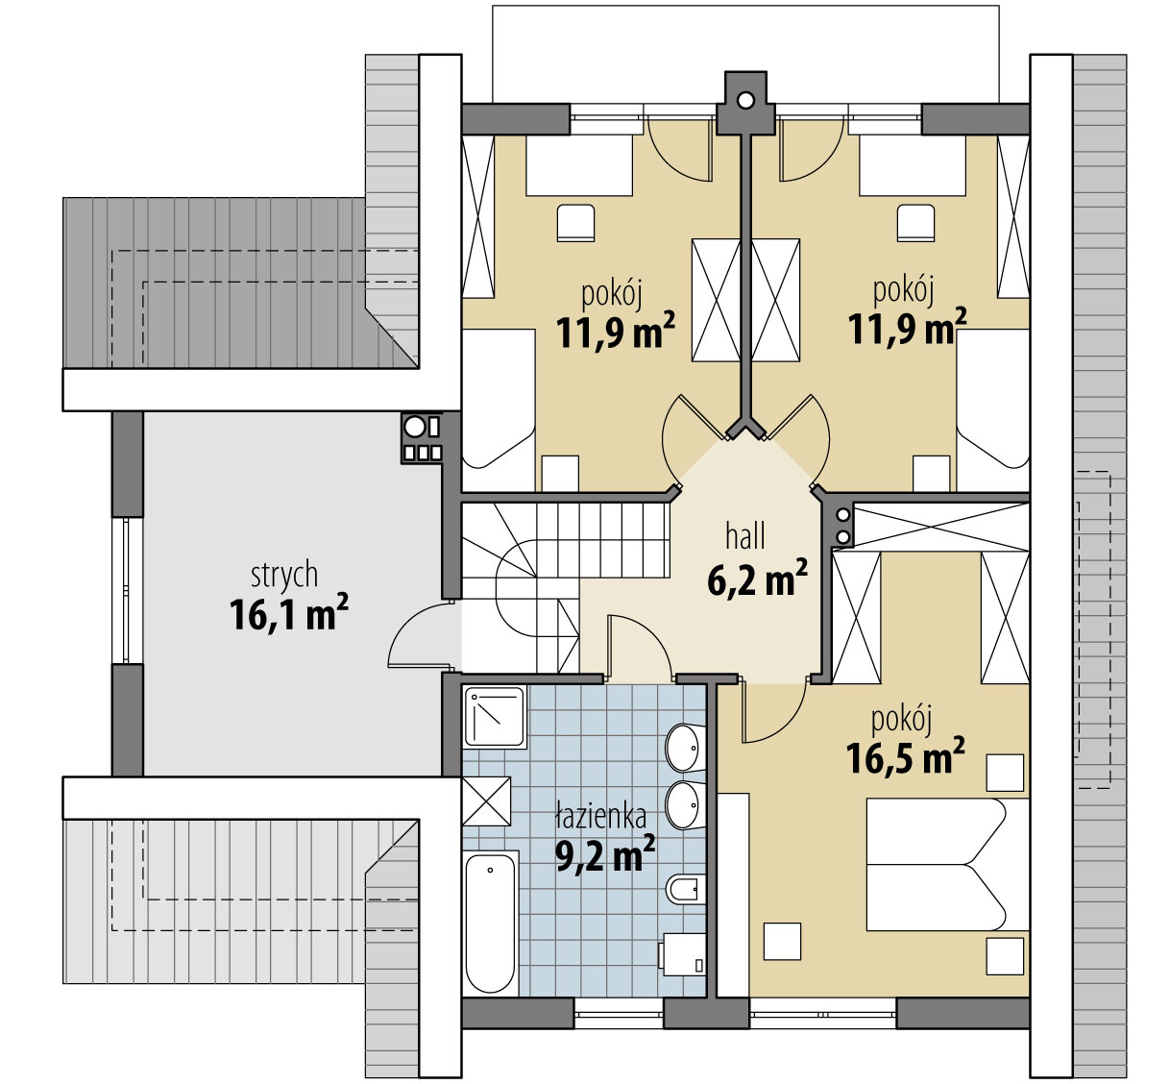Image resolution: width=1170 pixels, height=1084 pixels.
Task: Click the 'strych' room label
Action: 284,576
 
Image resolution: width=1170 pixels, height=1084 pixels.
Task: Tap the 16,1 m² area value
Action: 288,613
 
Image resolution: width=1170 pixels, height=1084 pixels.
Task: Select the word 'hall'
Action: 745,536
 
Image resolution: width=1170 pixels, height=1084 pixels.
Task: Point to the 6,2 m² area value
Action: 757,579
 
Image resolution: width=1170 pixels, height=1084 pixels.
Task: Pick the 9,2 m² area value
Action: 605,853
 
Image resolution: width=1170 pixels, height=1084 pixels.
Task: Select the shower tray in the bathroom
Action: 494,717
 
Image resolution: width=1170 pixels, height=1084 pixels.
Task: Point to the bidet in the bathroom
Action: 686,889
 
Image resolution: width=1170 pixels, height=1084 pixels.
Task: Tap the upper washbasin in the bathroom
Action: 685,748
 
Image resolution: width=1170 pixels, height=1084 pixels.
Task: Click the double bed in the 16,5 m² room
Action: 947,865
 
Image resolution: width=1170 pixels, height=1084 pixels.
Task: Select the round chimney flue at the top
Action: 745,100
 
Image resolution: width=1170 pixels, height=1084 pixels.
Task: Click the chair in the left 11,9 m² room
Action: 575,223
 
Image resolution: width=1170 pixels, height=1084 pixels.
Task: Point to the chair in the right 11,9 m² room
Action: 915,223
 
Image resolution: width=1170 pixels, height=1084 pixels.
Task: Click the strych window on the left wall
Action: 127,591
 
